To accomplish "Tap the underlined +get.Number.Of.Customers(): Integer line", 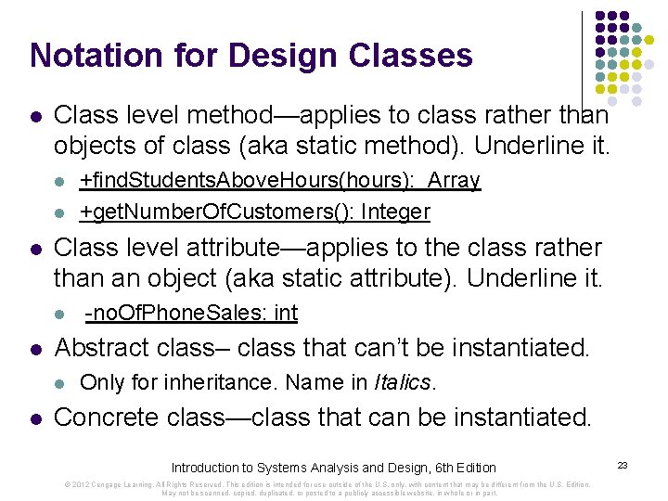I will [255, 212].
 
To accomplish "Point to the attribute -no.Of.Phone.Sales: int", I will [191, 313].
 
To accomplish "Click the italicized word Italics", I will [402, 381].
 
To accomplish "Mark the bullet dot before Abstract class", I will [35, 349].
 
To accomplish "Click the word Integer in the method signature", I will [396, 212].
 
